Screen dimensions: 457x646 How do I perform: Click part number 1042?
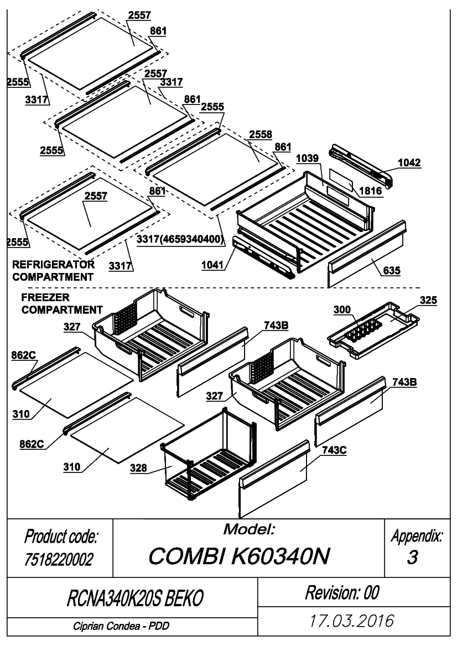[409, 162]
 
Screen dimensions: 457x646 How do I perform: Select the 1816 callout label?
[370, 191]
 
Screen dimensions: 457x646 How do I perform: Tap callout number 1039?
[307, 158]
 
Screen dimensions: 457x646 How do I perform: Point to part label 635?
[391, 270]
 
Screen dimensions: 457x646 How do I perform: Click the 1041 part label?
[212, 265]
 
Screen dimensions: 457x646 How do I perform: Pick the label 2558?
[261, 134]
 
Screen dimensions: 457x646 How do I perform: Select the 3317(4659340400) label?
[181, 239]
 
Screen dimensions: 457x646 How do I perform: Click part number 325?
[428, 300]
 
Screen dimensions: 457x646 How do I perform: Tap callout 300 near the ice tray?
[342, 309]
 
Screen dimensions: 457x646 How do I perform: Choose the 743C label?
[334, 450]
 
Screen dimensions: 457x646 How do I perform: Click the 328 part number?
[138, 468]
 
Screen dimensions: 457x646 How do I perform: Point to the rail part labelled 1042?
[360, 164]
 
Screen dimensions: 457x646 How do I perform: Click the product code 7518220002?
[59, 559]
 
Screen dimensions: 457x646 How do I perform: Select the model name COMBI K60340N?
[239, 556]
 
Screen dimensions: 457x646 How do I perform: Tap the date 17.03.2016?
[352, 621]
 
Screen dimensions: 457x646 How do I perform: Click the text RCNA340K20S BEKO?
[135, 598]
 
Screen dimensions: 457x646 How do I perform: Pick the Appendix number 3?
[412, 557]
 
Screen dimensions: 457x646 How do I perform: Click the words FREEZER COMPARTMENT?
[62, 303]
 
